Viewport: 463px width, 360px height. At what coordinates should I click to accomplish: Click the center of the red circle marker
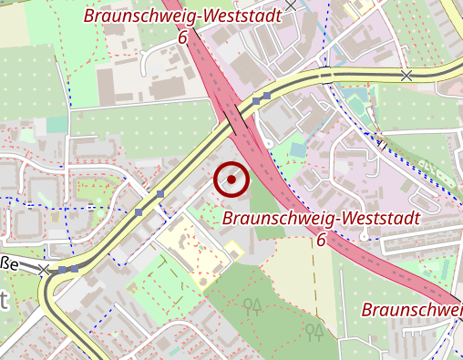231,180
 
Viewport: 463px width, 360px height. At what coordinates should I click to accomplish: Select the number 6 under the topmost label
182,37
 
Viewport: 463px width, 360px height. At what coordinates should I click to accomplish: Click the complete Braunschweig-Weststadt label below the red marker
321,219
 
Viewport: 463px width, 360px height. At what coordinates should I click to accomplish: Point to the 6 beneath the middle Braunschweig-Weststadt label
321,240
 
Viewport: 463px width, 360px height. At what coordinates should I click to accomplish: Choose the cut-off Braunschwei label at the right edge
412,310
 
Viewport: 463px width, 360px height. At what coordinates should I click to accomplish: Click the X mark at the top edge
291,5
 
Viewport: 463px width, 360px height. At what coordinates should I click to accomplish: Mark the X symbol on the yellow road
406,75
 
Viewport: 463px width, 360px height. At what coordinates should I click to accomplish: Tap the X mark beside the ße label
43,270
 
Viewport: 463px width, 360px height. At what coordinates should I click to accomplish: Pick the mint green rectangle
57,124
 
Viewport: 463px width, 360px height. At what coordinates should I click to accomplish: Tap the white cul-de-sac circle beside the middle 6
364,237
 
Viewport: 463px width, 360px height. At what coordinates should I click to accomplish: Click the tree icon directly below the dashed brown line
314,331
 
